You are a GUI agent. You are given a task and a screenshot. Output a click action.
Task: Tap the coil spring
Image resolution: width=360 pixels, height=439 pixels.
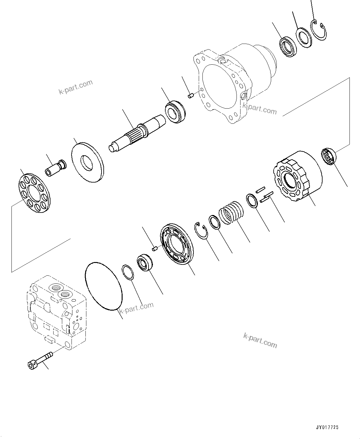point(231,213)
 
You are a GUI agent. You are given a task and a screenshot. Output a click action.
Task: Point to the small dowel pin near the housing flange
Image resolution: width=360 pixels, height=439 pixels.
point(191,96)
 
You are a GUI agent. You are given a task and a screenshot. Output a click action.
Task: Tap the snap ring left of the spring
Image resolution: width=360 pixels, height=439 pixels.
point(202,230)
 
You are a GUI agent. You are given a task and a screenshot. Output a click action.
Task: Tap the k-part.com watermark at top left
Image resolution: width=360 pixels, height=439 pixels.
point(76,87)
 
